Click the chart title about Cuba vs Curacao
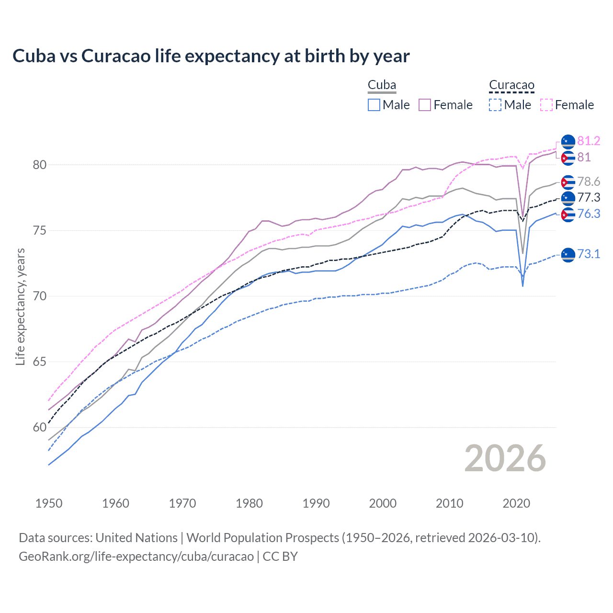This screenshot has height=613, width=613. click(x=211, y=56)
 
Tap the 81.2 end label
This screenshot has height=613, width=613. click(x=589, y=141)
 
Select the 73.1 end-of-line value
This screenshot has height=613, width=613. click(x=589, y=254)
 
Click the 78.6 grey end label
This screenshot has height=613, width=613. click(x=589, y=182)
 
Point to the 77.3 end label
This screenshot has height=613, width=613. click(x=589, y=197)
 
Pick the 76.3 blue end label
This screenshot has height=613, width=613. click(x=589, y=214)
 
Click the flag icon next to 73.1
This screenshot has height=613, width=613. click(x=568, y=254)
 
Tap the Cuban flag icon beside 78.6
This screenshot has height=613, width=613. click(x=568, y=182)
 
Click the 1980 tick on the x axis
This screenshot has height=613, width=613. click(x=249, y=503)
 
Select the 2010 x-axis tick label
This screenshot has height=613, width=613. click(x=449, y=503)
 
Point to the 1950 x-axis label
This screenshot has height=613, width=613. click(x=49, y=503)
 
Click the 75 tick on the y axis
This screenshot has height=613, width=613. click(x=40, y=230)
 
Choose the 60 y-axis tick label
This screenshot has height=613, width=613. click(x=40, y=427)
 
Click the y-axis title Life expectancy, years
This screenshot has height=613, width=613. click(x=20, y=306)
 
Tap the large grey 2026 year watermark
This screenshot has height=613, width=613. click(x=505, y=458)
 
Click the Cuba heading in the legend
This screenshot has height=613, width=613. click(x=382, y=85)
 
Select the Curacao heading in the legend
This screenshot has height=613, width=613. click(x=511, y=85)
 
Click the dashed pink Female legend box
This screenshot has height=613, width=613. click(x=546, y=105)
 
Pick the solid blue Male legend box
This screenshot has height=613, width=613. click(x=374, y=105)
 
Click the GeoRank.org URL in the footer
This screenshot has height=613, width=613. click(x=136, y=556)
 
